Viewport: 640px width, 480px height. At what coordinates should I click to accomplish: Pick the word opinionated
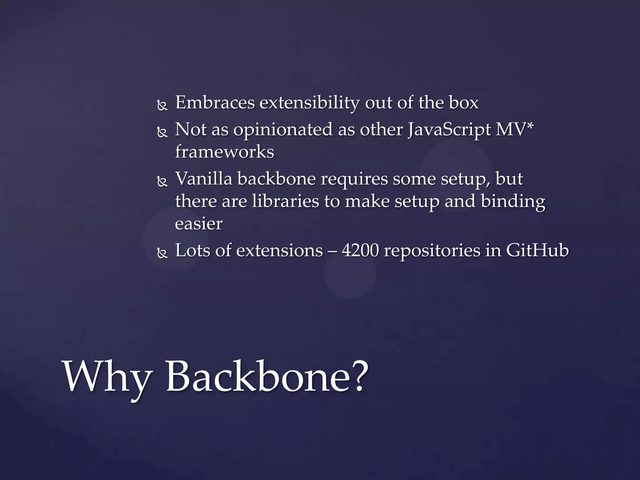(283, 130)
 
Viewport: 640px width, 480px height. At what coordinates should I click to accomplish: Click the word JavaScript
(449, 130)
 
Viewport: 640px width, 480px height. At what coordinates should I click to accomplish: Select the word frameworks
(224, 152)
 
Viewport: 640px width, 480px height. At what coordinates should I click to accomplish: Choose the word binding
(513, 202)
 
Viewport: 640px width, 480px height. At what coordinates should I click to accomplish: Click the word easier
(199, 223)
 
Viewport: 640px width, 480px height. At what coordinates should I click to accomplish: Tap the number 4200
(360, 251)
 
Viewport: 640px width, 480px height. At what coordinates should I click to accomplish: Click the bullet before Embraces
(162, 106)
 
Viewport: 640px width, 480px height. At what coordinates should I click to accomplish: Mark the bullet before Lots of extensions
(162, 254)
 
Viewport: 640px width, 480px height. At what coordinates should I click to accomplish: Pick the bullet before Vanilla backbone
(162, 182)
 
